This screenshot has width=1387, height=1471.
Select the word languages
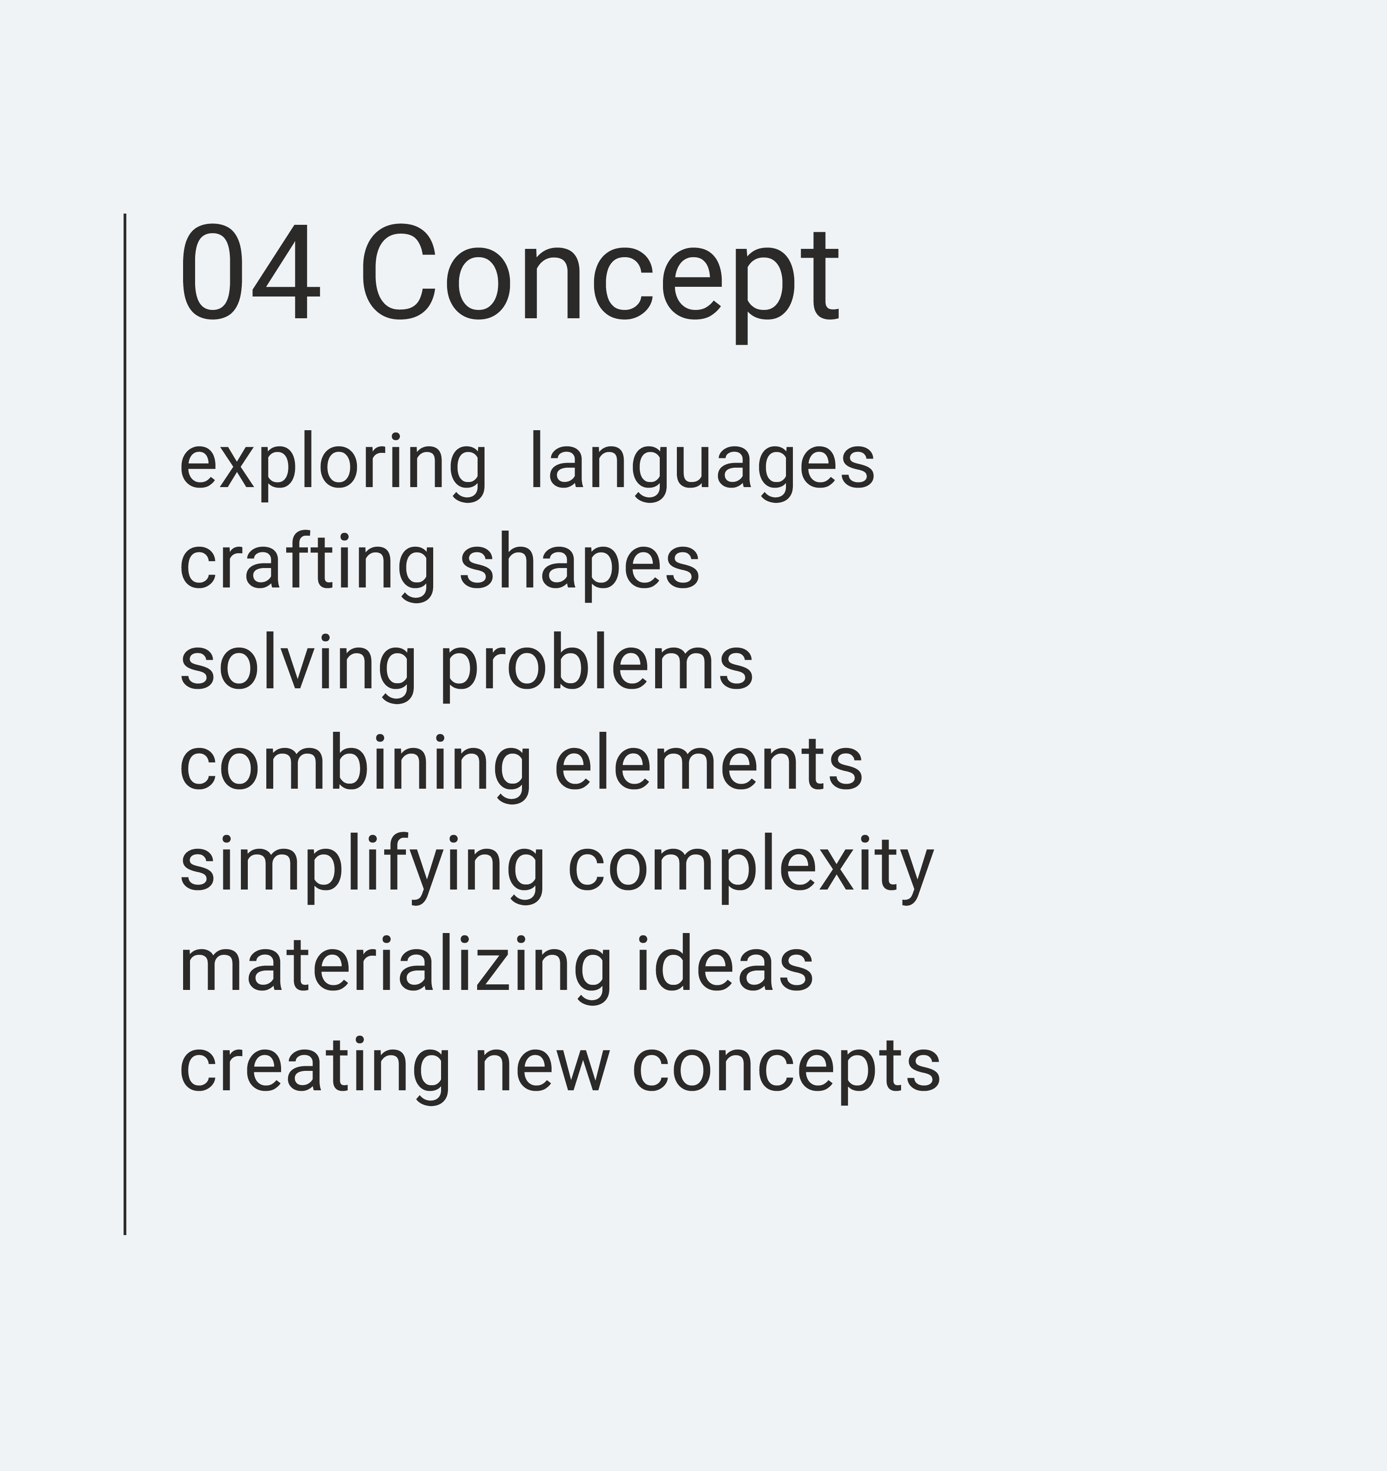tap(702, 467)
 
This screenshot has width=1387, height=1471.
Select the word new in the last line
tap(541, 1073)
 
